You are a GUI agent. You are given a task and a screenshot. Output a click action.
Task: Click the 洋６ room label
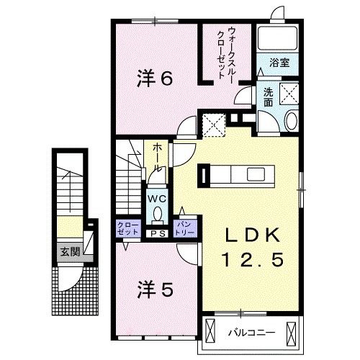click(x=154, y=78)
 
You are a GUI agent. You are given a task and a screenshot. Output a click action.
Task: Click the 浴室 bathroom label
click(x=279, y=63)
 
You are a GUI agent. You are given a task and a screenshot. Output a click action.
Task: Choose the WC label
click(x=156, y=197)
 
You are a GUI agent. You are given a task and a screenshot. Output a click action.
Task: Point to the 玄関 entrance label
click(x=70, y=252)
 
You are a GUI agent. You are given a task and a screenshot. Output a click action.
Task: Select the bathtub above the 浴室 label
click(x=278, y=40)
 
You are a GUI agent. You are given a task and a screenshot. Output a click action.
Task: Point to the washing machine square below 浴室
click(x=287, y=94)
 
